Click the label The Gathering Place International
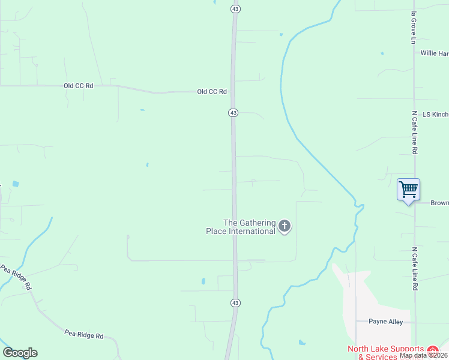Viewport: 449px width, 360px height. click(x=249, y=227)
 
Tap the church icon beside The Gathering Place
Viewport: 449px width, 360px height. click(x=285, y=226)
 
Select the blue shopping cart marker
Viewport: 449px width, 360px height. click(x=408, y=190)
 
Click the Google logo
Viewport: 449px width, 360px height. click(x=20, y=353)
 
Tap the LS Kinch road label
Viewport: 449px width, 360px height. click(x=435, y=114)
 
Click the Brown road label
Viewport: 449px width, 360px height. click(x=439, y=203)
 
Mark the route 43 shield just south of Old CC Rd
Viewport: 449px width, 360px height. click(x=234, y=112)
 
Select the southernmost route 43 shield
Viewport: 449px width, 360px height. click(x=235, y=303)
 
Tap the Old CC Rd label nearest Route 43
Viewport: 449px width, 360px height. click(x=212, y=92)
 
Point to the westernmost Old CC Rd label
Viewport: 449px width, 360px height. click(x=79, y=86)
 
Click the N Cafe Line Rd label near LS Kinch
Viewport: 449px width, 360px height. click(x=414, y=133)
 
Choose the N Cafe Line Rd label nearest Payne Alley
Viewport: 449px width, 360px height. click(x=414, y=269)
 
